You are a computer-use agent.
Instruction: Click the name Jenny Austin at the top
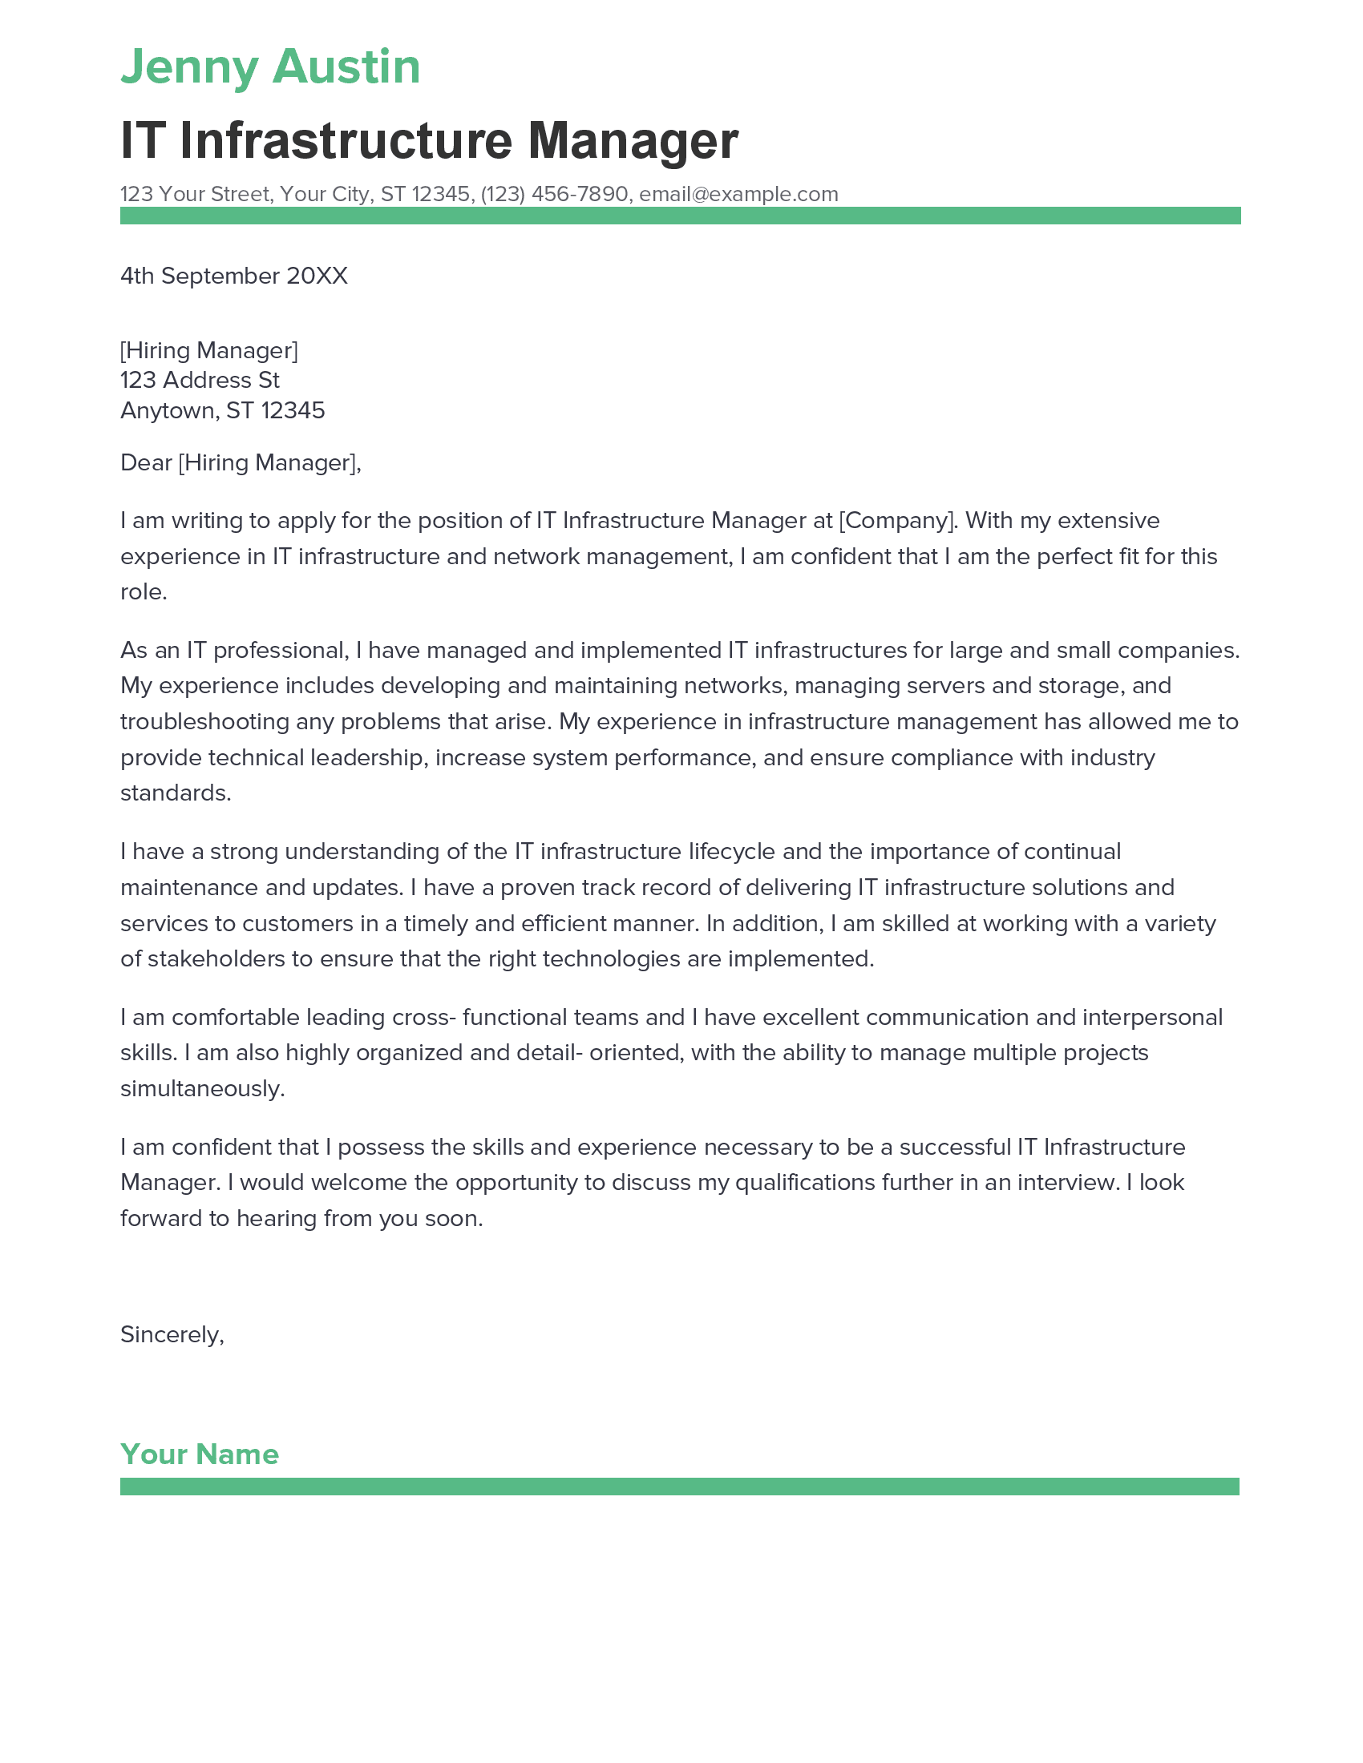point(269,67)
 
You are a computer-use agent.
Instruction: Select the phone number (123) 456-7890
point(554,195)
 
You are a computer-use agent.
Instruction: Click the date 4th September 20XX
point(233,276)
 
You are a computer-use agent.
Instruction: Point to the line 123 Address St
point(200,380)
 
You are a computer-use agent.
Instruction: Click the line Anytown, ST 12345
point(222,411)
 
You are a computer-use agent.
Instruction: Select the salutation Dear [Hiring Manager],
point(240,462)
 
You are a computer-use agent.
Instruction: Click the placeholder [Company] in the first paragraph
point(896,521)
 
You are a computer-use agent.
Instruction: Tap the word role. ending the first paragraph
point(143,592)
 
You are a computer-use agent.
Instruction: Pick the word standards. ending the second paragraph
point(176,793)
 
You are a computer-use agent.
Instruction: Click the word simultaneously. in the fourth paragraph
point(202,1089)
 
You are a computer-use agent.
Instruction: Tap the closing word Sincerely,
point(172,1334)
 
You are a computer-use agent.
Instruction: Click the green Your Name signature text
point(200,1454)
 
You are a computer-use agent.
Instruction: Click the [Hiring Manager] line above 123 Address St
point(208,350)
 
